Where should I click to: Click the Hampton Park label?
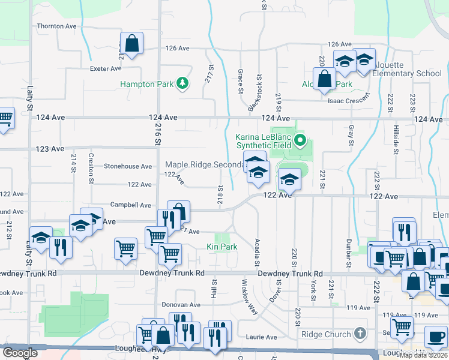pos(146,85)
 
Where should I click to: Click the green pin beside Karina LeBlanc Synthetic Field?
pos(301,142)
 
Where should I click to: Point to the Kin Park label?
pos(221,247)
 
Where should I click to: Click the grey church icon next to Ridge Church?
pos(360,333)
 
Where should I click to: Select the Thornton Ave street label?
pos(57,26)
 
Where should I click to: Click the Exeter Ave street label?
pos(106,68)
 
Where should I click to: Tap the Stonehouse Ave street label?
pos(128,166)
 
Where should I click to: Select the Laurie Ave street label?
pos(261,337)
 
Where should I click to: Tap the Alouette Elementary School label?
pos(406,69)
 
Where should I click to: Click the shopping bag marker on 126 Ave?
pos(131,44)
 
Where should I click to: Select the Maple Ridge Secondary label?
pos(204,164)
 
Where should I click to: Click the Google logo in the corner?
pos(20,353)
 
